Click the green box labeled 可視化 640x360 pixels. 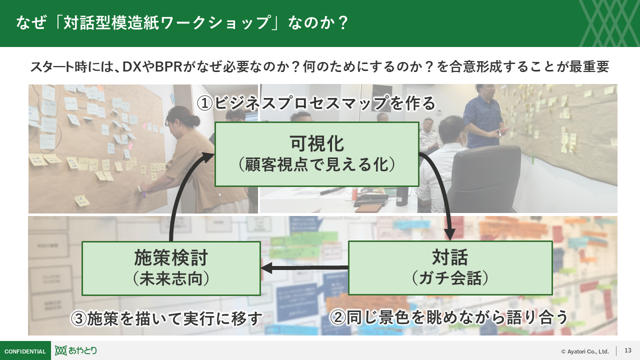[x=316, y=154]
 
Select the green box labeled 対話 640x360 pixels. [x=450, y=268]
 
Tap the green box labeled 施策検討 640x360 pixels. [x=171, y=268]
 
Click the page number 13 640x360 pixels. [x=628, y=350]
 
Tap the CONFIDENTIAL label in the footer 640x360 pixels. [x=25, y=351]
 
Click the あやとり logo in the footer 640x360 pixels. [x=76, y=350]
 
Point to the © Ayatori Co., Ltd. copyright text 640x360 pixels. [x=584, y=351]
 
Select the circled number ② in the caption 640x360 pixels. [x=338, y=318]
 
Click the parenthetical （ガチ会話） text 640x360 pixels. [x=450, y=278]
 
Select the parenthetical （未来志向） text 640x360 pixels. [x=171, y=278]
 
